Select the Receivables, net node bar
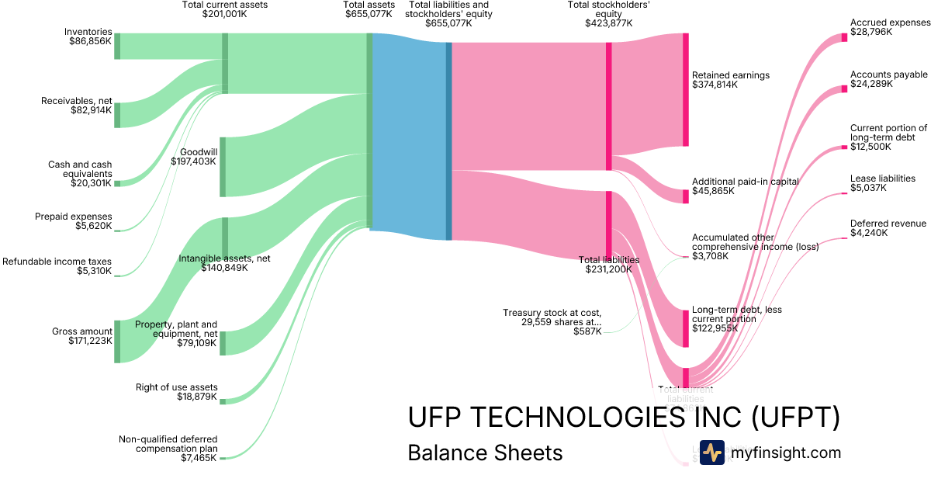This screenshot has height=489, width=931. pyautogui.click(x=117, y=115)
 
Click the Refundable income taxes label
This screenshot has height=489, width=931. pyautogui.click(x=57, y=262)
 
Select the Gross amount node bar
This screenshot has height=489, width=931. pyautogui.click(x=117, y=341)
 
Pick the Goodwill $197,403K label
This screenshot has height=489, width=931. pyautogui.click(x=195, y=156)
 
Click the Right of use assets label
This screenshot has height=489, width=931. pyautogui.click(x=176, y=387)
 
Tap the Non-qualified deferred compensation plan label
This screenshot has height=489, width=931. pyautogui.click(x=168, y=444)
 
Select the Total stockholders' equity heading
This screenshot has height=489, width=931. pyautogui.click(x=609, y=13)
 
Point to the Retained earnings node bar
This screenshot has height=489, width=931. pyautogui.click(x=685, y=89)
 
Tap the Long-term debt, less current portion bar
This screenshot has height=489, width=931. pyautogui.click(x=685, y=328)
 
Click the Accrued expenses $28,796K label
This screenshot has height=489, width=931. pyautogui.click(x=889, y=27)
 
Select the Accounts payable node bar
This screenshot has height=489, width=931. pyautogui.click(x=844, y=90)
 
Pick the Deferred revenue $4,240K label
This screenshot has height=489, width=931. pyautogui.click(x=888, y=228)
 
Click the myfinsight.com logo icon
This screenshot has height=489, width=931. pyautogui.click(x=711, y=453)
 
